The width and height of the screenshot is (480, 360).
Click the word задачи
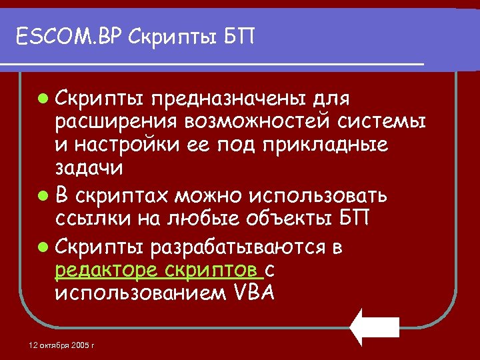(x=89, y=168)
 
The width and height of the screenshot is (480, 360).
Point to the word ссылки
(x=93, y=219)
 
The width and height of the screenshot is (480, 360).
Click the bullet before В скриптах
(x=43, y=197)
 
